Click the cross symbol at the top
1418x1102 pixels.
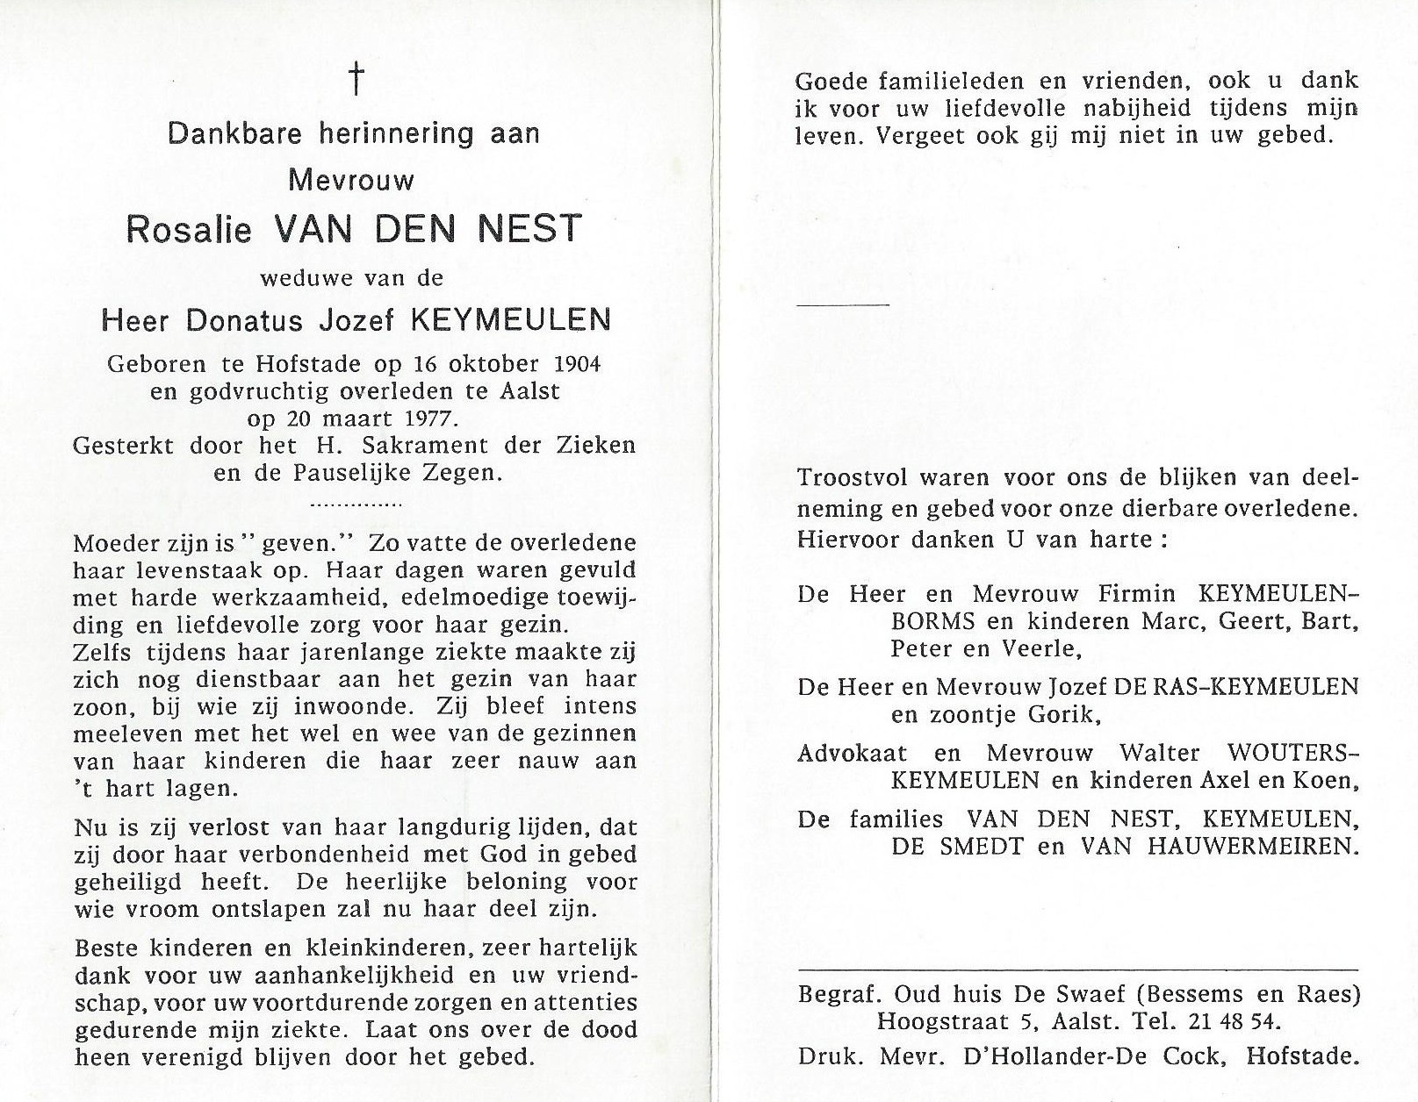(x=356, y=80)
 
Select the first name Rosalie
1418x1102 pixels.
(x=189, y=229)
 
